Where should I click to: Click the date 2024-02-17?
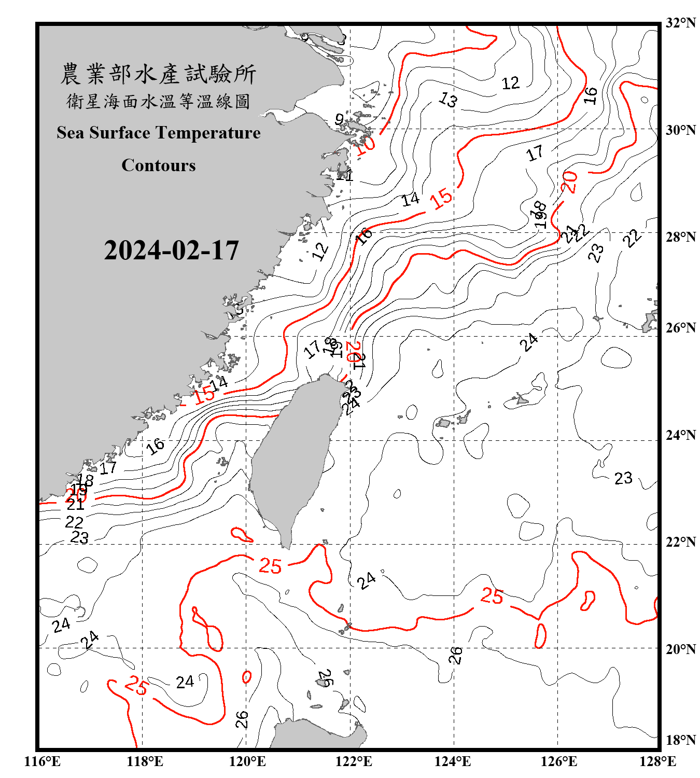[x=171, y=251]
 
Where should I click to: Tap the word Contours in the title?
[x=159, y=165]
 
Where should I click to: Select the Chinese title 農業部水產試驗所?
[x=158, y=74]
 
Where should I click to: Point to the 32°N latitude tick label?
[x=680, y=23]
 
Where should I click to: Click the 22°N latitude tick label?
[x=680, y=542]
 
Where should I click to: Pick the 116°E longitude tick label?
[x=43, y=761]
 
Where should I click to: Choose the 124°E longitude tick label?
[x=453, y=761]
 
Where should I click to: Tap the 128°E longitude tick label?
[x=657, y=761]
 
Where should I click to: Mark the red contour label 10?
[x=365, y=145]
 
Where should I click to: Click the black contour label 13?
[x=448, y=99]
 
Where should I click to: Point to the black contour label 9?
[x=339, y=120]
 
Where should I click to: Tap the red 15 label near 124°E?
[x=441, y=199]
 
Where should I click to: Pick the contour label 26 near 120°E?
[x=242, y=719]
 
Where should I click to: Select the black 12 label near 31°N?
[x=510, y=83]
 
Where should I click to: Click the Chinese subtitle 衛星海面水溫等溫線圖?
[x=158, y=101]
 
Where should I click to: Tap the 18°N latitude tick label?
[x=680, y=740]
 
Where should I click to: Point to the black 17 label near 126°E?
[x=535, y=153]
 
